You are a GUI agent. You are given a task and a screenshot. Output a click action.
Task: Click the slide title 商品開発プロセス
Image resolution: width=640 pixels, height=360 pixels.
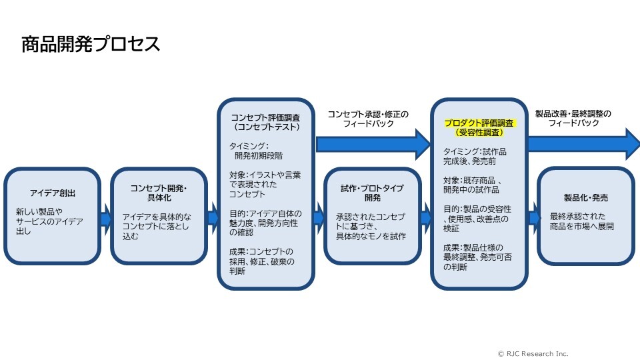[91, 45]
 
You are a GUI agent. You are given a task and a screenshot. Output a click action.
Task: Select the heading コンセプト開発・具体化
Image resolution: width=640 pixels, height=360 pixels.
[159, 193]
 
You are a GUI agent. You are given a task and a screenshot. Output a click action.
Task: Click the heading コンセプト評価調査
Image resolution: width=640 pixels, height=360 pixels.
[265, 117]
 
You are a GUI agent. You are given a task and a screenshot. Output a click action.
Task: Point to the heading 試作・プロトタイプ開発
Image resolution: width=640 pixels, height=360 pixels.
[373, 193]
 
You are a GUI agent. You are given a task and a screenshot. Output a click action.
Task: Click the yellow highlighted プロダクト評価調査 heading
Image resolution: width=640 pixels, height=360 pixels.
[479, 123]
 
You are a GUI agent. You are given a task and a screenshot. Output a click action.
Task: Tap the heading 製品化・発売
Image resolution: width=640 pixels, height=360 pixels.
[586, 198]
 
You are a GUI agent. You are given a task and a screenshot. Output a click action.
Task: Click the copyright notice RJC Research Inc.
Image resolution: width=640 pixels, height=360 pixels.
[533, 353]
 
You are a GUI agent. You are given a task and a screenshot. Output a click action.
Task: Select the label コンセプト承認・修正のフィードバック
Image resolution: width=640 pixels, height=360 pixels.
[367, 119]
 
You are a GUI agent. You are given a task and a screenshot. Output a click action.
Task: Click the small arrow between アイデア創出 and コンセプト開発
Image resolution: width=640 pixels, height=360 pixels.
[105, 217]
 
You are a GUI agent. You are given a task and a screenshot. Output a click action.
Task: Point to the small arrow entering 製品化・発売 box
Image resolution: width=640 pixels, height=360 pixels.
[533, 217]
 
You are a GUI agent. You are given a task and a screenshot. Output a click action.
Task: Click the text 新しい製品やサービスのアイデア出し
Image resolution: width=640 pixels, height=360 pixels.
[49, 222]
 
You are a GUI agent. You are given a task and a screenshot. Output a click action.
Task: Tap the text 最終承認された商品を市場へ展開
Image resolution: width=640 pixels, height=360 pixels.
[582, 221]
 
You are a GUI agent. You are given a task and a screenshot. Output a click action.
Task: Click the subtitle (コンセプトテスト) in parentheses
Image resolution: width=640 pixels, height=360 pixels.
[265, 127]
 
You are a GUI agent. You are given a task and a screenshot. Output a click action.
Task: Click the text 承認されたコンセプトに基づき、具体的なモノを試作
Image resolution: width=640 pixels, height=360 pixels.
[371, 227]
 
